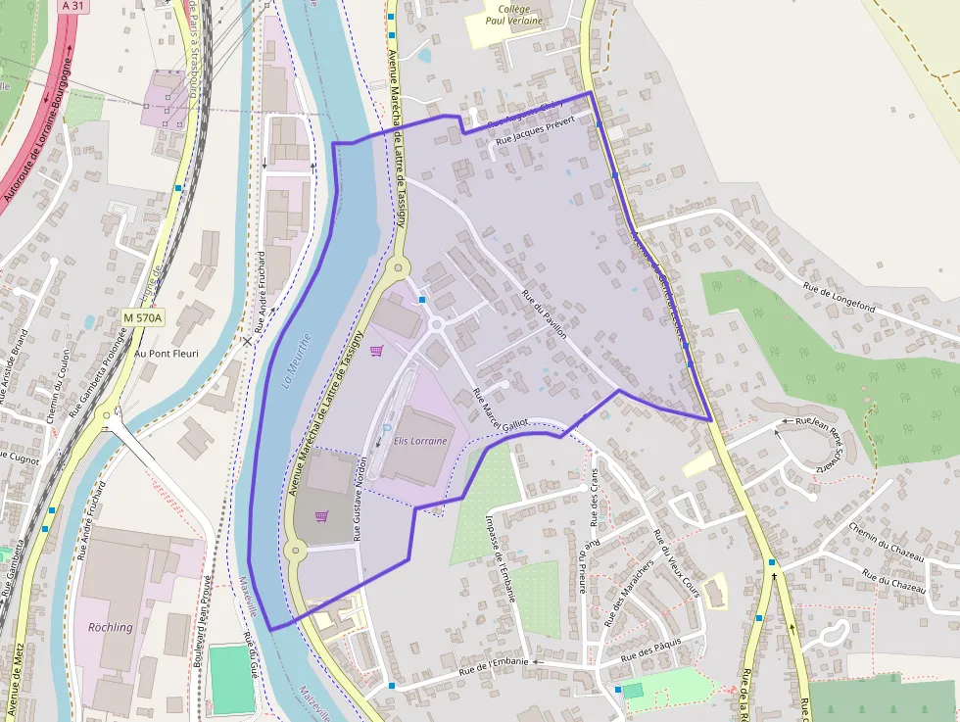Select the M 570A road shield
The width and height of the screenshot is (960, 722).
point(144,317)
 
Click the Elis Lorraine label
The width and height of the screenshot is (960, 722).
point(420,441)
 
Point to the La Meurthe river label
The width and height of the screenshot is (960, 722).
point(297,361)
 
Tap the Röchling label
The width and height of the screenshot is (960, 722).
point(110,627)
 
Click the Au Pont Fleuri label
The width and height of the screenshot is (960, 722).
point(167,353)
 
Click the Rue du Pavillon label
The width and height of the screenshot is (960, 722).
point(545,314)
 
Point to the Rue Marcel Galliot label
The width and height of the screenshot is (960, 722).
point(501,410)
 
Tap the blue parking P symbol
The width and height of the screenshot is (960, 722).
point(387,429)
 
